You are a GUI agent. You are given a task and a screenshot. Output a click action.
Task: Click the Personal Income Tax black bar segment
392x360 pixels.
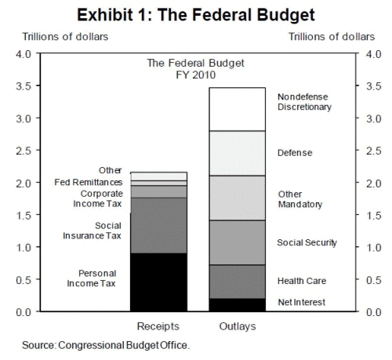click(x=158, y=282)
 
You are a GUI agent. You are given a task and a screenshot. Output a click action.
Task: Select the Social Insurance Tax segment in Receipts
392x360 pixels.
click(x=158, y=225)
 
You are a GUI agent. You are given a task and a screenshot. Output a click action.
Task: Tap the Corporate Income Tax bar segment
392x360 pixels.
click(x=158, y=191)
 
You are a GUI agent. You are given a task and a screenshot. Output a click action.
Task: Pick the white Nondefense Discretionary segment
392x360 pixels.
click(x=238, y=109)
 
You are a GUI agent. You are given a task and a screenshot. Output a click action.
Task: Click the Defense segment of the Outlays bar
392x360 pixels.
click(x=238, y=153)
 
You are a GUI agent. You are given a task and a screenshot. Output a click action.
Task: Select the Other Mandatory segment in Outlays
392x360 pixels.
click(x=238, y=198)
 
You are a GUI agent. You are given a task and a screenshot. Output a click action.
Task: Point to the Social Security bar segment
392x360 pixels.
click(x=238, y=242)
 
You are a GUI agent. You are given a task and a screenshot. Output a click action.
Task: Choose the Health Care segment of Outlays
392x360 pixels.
click(x=238, y=282)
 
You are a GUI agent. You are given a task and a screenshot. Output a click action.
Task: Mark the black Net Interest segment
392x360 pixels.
click(x=238, y=305)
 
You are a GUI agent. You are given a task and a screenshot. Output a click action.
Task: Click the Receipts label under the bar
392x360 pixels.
click(x=158, y=326)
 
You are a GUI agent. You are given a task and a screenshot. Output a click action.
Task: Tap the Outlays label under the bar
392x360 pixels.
click(x=238, y=326)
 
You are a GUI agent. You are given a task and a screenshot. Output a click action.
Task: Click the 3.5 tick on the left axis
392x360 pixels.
click(x=24, y=86)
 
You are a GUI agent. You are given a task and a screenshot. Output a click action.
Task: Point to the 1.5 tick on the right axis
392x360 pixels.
click(x=374, y=216)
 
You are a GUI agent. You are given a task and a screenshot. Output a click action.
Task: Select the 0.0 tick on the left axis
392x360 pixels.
click(x=24, y=312)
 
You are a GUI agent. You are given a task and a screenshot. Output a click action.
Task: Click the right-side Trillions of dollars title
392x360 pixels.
click(x=332, y=37)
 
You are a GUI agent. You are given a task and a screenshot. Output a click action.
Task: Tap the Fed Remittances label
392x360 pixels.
click(x=89, y=182)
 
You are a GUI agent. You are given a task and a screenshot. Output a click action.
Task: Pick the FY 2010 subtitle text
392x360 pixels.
click(x=196, y=75)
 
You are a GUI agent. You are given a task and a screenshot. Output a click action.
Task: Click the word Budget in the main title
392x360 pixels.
click(x=285, y=15)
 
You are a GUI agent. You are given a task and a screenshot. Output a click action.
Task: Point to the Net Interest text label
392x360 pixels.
click(x=302, y=302)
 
